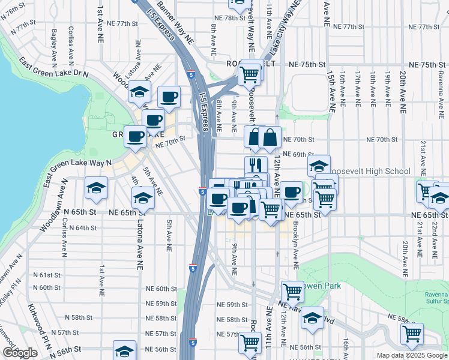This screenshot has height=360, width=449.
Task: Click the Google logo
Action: click(20, 353)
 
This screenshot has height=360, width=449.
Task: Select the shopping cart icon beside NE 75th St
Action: click(249, 75)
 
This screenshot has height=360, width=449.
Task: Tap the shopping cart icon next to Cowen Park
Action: click(293, 292)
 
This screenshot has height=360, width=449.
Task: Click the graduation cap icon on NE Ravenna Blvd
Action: click(312, 319)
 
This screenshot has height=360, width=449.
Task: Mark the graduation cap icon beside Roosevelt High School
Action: click(319, 166)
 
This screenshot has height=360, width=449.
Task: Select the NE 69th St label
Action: click(295, 155)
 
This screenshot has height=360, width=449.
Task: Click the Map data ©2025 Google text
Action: click(412, 355)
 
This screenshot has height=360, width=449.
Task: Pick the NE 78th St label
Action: click(218, 18)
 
